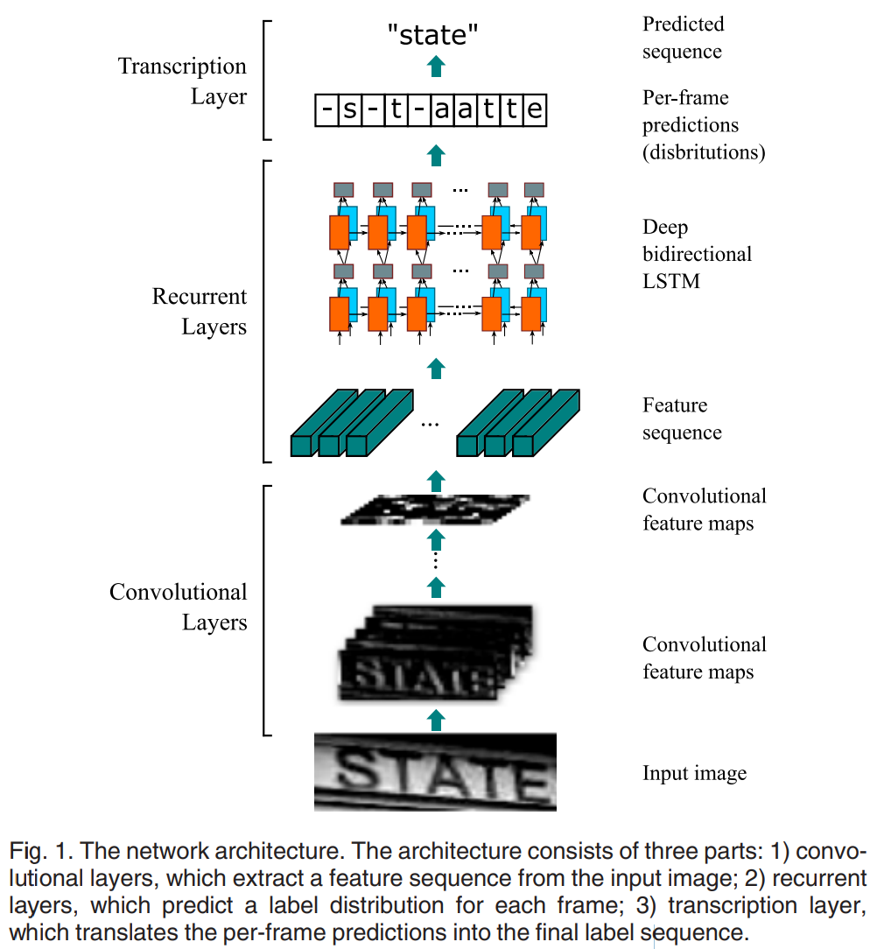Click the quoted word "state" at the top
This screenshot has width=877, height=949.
(435, 34)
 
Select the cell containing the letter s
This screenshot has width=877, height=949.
(348, 111)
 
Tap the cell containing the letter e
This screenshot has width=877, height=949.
(535, 111)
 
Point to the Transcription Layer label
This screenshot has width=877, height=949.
(182, 81)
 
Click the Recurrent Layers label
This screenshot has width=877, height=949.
(200, 312)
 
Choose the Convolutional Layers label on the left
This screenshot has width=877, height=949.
(179, 607)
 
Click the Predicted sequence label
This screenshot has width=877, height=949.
(683, 38)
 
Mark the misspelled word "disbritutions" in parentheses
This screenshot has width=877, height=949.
(705, 152)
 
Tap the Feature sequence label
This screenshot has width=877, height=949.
(682, 418)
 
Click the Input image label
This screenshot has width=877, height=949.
(694, 774)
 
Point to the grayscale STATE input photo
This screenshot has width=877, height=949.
(435, 771)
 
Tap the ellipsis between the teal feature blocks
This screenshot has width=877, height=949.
(429, 424)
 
